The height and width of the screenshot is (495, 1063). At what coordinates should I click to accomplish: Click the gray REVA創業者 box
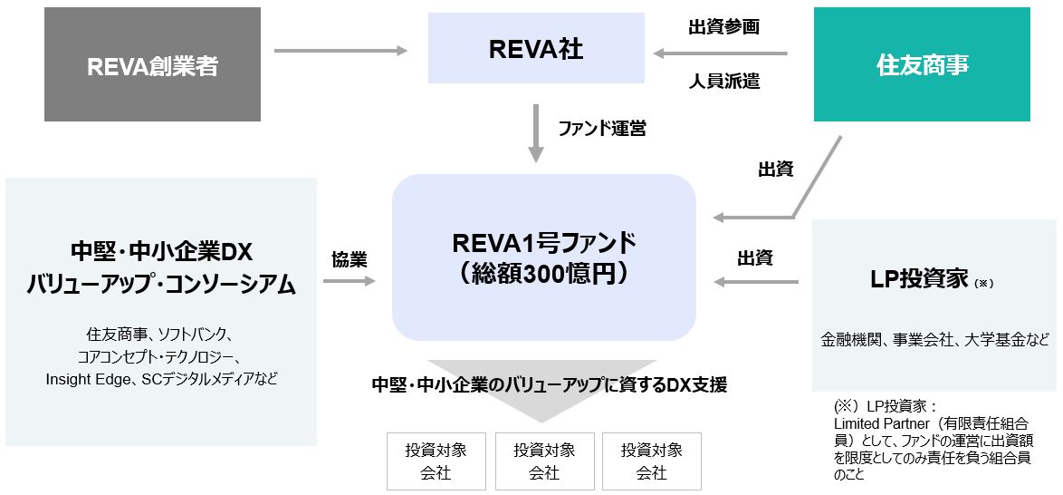(x=152, y=65)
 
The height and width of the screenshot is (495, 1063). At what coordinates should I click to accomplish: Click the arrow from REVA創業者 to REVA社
(x=340, y=51)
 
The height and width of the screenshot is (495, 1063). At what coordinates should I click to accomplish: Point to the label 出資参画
(x=723, y=27)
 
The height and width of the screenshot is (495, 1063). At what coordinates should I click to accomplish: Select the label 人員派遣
(x=723, y=82)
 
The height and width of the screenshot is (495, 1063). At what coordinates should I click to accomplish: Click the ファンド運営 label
(x=601, y=129)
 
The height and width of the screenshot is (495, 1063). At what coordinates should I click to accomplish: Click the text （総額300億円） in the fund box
(x=543, y=275)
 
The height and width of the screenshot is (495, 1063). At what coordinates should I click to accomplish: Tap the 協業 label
(x=349, y=260)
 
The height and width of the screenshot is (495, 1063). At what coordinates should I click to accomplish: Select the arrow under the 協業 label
(x=349, y=282)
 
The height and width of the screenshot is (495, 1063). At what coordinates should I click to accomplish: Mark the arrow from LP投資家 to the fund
(x=756, y=282)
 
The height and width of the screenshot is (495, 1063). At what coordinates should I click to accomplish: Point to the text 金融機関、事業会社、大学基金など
(x=934, y=340)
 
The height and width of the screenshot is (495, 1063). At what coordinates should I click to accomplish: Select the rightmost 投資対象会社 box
(x=651, y=461)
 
